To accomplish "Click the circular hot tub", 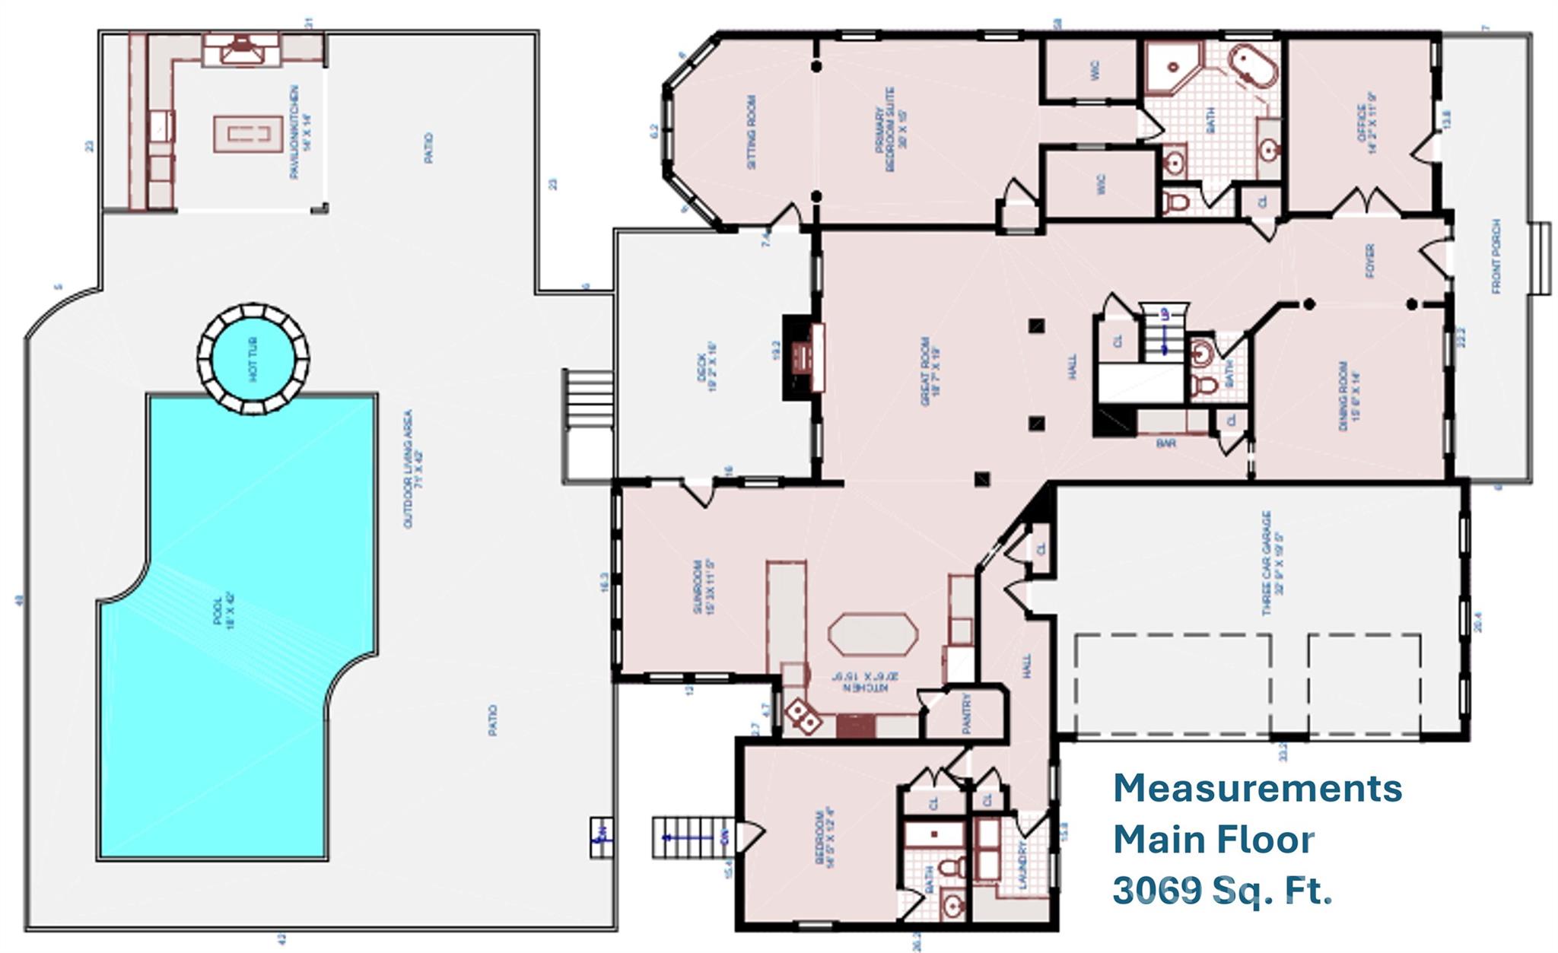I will (253, 359).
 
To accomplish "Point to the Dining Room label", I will (1348, 395).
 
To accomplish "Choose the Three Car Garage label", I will (1271, 563).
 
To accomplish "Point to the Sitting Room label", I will (752, 132).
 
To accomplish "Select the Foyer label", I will (1370, 260).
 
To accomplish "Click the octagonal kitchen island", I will (873, 634).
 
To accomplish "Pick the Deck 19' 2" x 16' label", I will (707, 371).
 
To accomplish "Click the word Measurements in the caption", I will (1258, 789).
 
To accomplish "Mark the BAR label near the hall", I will (1165, 442).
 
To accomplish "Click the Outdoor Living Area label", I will (412, 469).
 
